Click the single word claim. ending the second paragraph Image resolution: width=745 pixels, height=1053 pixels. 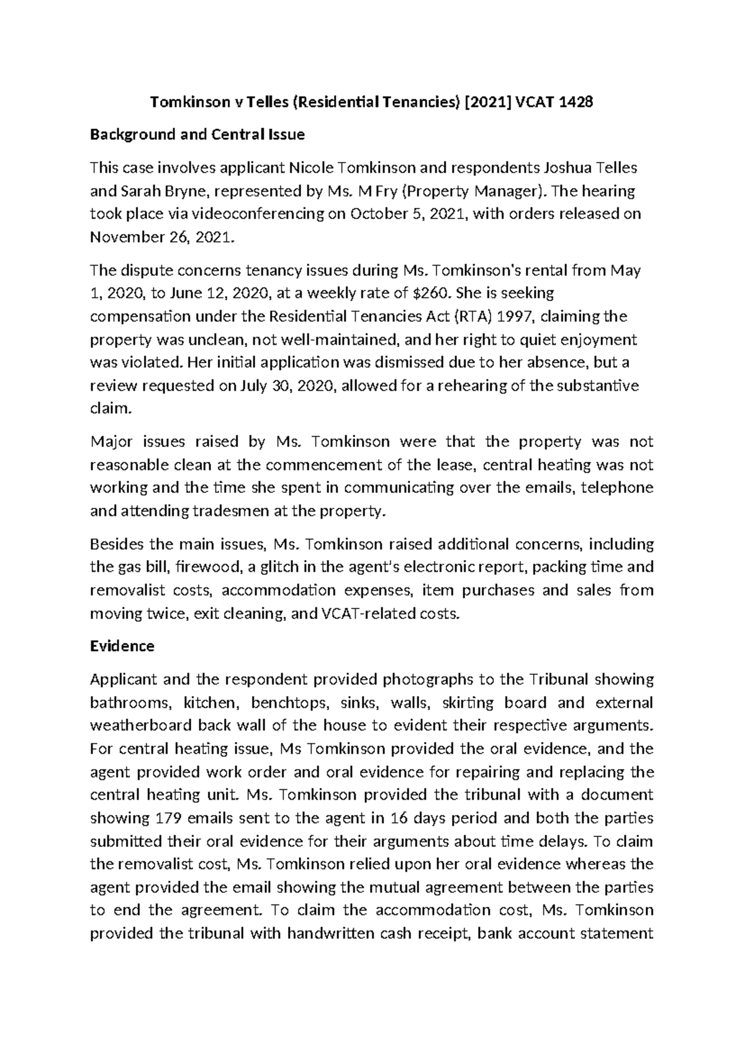pyautogui.click(x=111, y=409)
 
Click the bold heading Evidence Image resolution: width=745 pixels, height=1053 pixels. pyautogui.click(x=122, y=646)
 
